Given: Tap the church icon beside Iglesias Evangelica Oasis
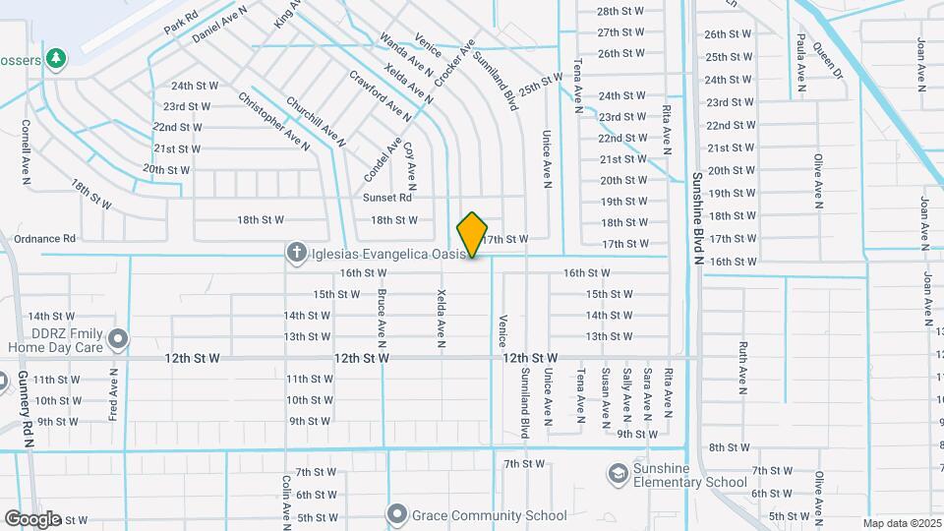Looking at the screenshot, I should pyautogui.click(x=295, y=254).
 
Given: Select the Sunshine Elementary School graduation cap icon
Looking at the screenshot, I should pyautogui.click(x=618, y=476).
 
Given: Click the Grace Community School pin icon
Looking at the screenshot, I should pyautogui.click(x=397, y=514).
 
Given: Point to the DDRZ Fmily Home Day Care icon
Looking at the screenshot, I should pyautogui.click(x=118, y=339).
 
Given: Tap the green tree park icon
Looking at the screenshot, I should pyautogui.click(x=57, y=59).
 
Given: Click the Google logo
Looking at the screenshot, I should pyautogui.click(x=32, y=518).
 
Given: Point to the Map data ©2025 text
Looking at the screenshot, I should pyautogui.click(x=901, y=523).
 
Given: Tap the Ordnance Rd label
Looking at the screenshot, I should pyautogui.click(x=42, y=238).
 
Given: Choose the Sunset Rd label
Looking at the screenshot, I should pyautogui.click(x=387, y=198).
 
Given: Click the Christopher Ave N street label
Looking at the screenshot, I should pyautogui.click(x=274, y=120).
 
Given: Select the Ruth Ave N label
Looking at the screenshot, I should pyautogui.click(x=743, y=367).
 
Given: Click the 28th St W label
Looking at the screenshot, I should pyautogui.click(x=620, y=11).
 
